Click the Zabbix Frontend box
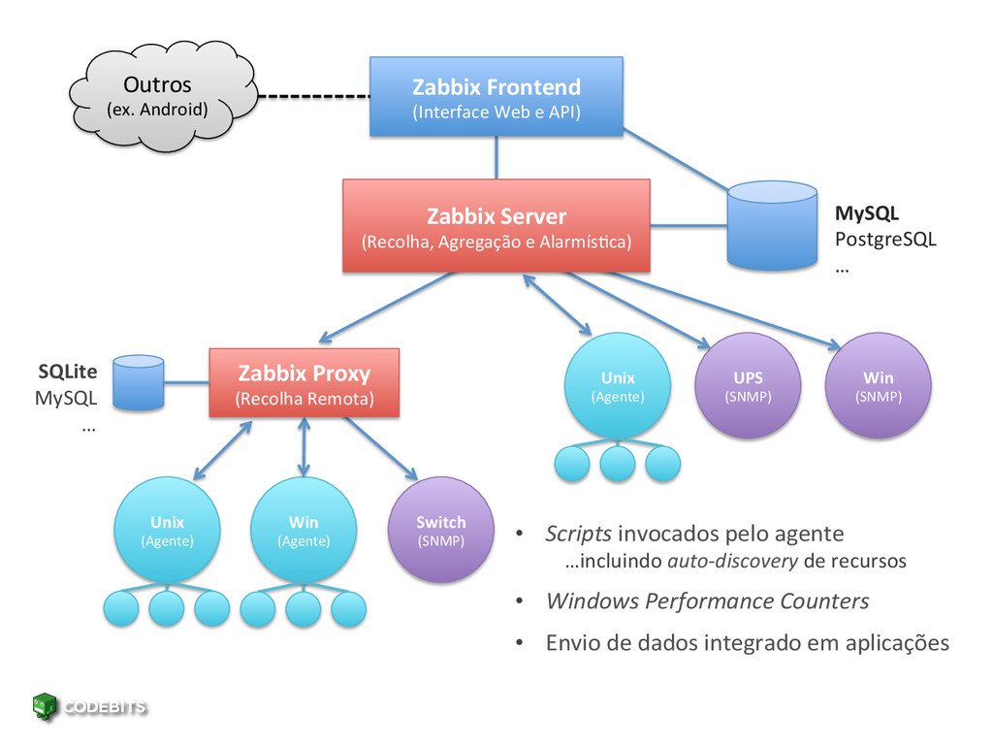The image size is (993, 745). (x=496, y=96)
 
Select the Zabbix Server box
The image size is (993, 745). (x=496, y=226)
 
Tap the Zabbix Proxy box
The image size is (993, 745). (x=304, y=382)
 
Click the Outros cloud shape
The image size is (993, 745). (x=163, y=96)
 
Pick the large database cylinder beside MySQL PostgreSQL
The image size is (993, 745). (x=772, y=225)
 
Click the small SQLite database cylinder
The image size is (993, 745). (x=139, y=382)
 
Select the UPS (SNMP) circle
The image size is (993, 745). (x=748, y=386)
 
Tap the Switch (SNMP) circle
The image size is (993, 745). (x=441, y=531)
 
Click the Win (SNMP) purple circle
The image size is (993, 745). (x=879, y=386)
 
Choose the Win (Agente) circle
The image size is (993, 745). (x=304, y=531)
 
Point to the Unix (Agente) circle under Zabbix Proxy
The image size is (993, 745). (x=167, y=531)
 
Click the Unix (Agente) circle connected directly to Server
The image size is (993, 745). (x=618, y=386)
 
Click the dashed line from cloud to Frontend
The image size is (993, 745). (x=314, y=96)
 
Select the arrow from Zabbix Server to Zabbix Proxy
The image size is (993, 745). (x=386, y=308)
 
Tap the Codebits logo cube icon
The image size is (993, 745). (x=45, y=706)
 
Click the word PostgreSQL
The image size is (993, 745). (x=885, y=240)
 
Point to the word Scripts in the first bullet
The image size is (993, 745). (x=578, y=534)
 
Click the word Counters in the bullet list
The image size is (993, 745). (x=824, y=600)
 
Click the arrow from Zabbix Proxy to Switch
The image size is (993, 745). (x=381, y=448)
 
